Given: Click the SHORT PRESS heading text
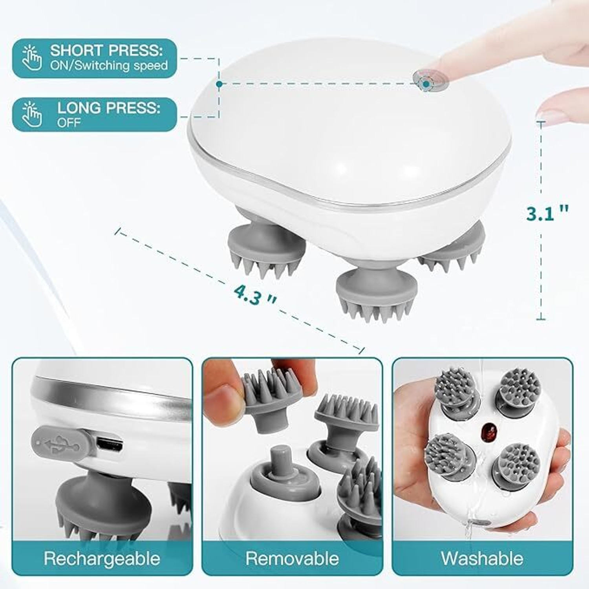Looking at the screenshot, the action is (106, 50).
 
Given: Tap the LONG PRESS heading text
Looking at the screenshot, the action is (109, 108).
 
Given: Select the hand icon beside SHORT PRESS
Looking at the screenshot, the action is (31, 58).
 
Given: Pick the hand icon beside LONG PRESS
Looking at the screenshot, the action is (31, 114).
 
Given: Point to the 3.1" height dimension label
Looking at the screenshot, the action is (547, 214).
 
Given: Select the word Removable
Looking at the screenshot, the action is (292, 558).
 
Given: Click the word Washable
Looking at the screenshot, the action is (482, 558).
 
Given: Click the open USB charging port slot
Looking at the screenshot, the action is (110, 445).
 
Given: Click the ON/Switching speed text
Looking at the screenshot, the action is (109, 65).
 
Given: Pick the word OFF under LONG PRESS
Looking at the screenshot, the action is (69, 123).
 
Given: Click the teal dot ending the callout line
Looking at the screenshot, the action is (219, 84).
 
